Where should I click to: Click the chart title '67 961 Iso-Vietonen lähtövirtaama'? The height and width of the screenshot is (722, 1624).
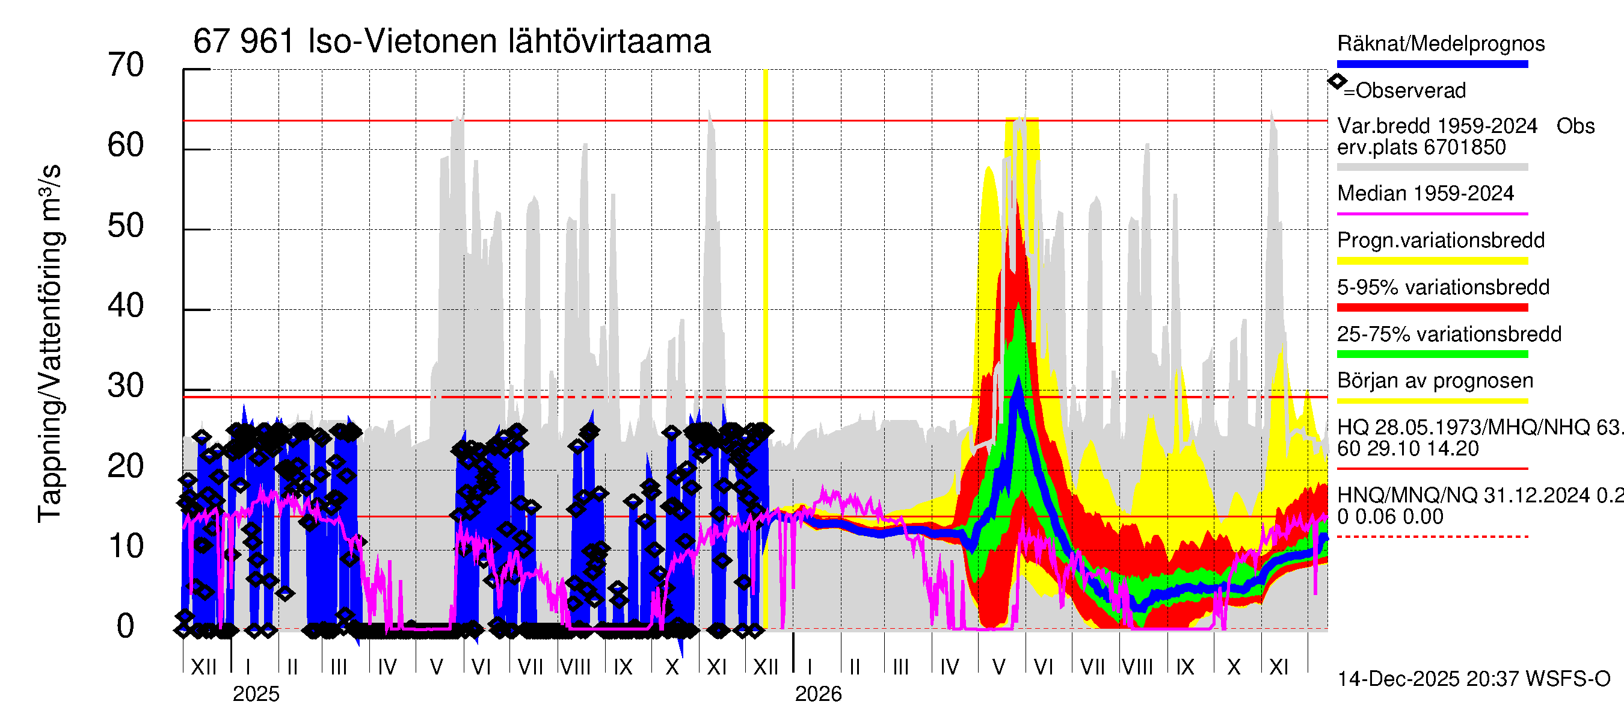[x=451, y=42]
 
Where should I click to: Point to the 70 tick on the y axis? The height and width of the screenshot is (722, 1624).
[x=126, y=65]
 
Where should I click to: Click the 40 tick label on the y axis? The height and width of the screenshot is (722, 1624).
[x=126, y=306]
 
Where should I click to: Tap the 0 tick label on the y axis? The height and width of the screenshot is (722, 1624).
[x=126, y=627]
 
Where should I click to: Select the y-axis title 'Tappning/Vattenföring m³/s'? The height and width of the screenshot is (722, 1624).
[x=50, y=344]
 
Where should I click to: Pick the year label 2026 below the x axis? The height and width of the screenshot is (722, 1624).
[x=817, y=694]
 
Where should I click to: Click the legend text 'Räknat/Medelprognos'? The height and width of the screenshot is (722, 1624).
[x=1441, y=43]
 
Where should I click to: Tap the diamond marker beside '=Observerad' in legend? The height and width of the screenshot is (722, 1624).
[x=1336, y=81]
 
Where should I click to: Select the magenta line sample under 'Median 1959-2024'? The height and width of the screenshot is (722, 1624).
[x=1432, y=214]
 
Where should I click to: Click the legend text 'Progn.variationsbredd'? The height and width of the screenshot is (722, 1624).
[x=1441, y=240]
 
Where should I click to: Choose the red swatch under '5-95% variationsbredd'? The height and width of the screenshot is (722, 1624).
[x=1432, y=307]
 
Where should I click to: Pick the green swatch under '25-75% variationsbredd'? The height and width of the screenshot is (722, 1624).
[x=1432, y=354]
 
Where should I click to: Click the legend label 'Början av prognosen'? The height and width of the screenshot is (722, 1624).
[x=1435, y=381]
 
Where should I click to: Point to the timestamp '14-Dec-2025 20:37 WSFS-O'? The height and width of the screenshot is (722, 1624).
[x=1473, y=679]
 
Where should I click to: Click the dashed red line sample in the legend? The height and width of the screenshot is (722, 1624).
[x=1432, y=537]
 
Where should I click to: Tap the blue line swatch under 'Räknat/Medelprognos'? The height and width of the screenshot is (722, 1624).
[x=1432, y=64]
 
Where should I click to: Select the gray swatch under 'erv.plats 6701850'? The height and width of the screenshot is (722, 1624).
[x=1432, y=167]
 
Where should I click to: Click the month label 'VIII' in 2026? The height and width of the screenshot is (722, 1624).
[x=1137, y=667]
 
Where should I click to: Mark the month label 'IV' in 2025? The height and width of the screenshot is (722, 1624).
[x=387, y=667]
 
